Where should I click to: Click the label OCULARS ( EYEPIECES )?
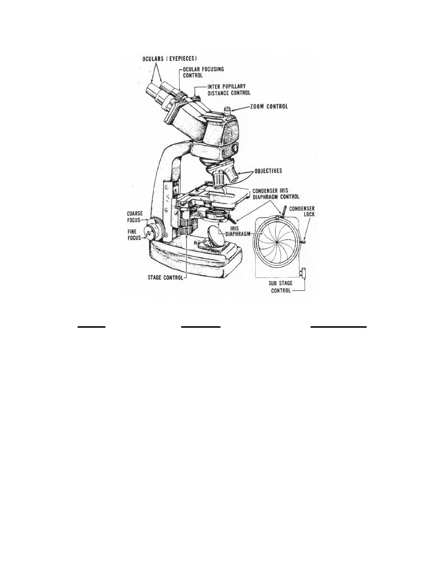(170, 58)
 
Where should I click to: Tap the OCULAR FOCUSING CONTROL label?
(203, 72)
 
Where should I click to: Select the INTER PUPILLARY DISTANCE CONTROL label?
(229, 90)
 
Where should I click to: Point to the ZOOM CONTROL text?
(268, 107)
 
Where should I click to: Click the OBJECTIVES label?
(268, 171)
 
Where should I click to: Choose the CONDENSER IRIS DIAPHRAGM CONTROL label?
(276, 193)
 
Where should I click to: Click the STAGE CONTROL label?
(165, 278)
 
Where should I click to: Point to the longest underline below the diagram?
(338, 327)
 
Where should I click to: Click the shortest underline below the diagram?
(92, 327)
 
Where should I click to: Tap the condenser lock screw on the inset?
(303, 240)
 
